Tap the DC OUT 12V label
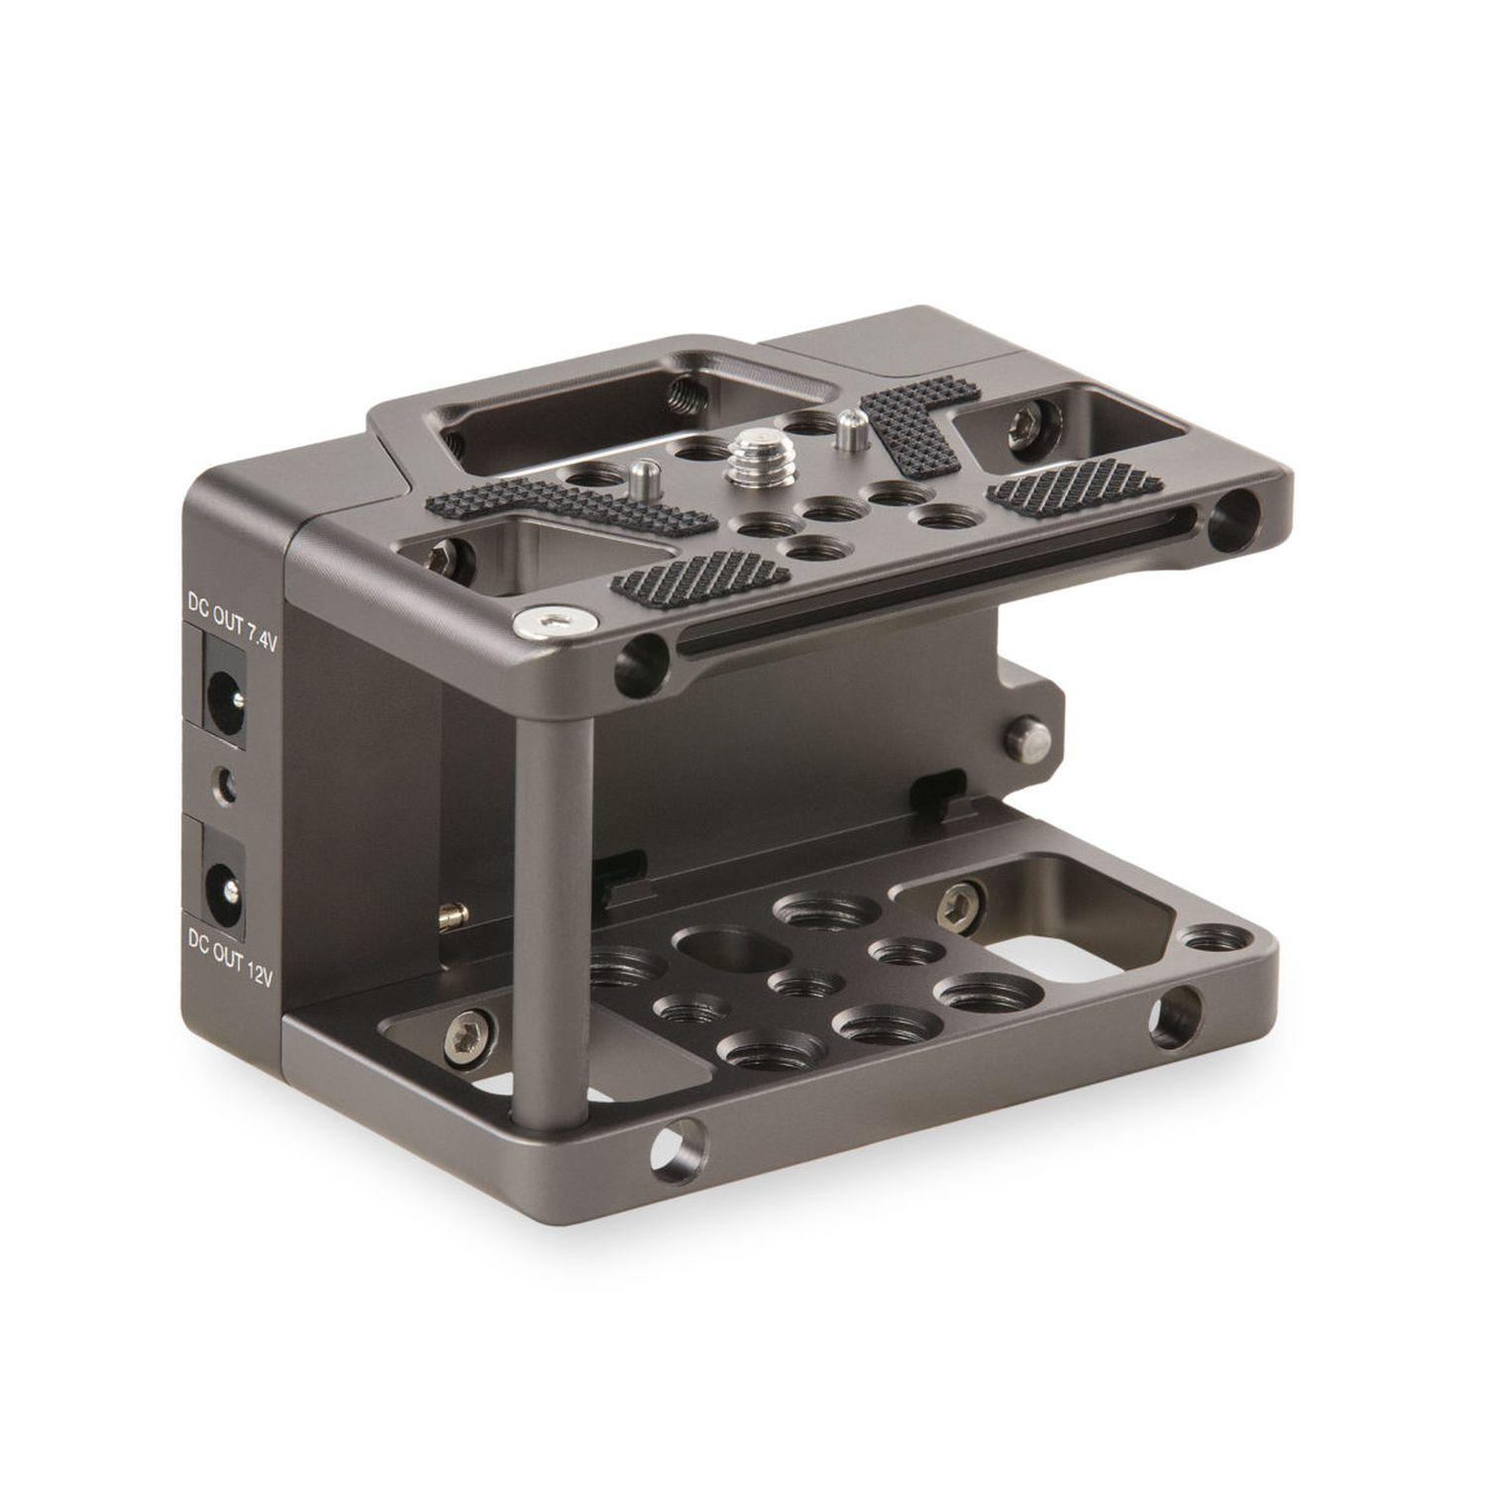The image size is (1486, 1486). point(230,960)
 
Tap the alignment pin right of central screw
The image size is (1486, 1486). point(847,428)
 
